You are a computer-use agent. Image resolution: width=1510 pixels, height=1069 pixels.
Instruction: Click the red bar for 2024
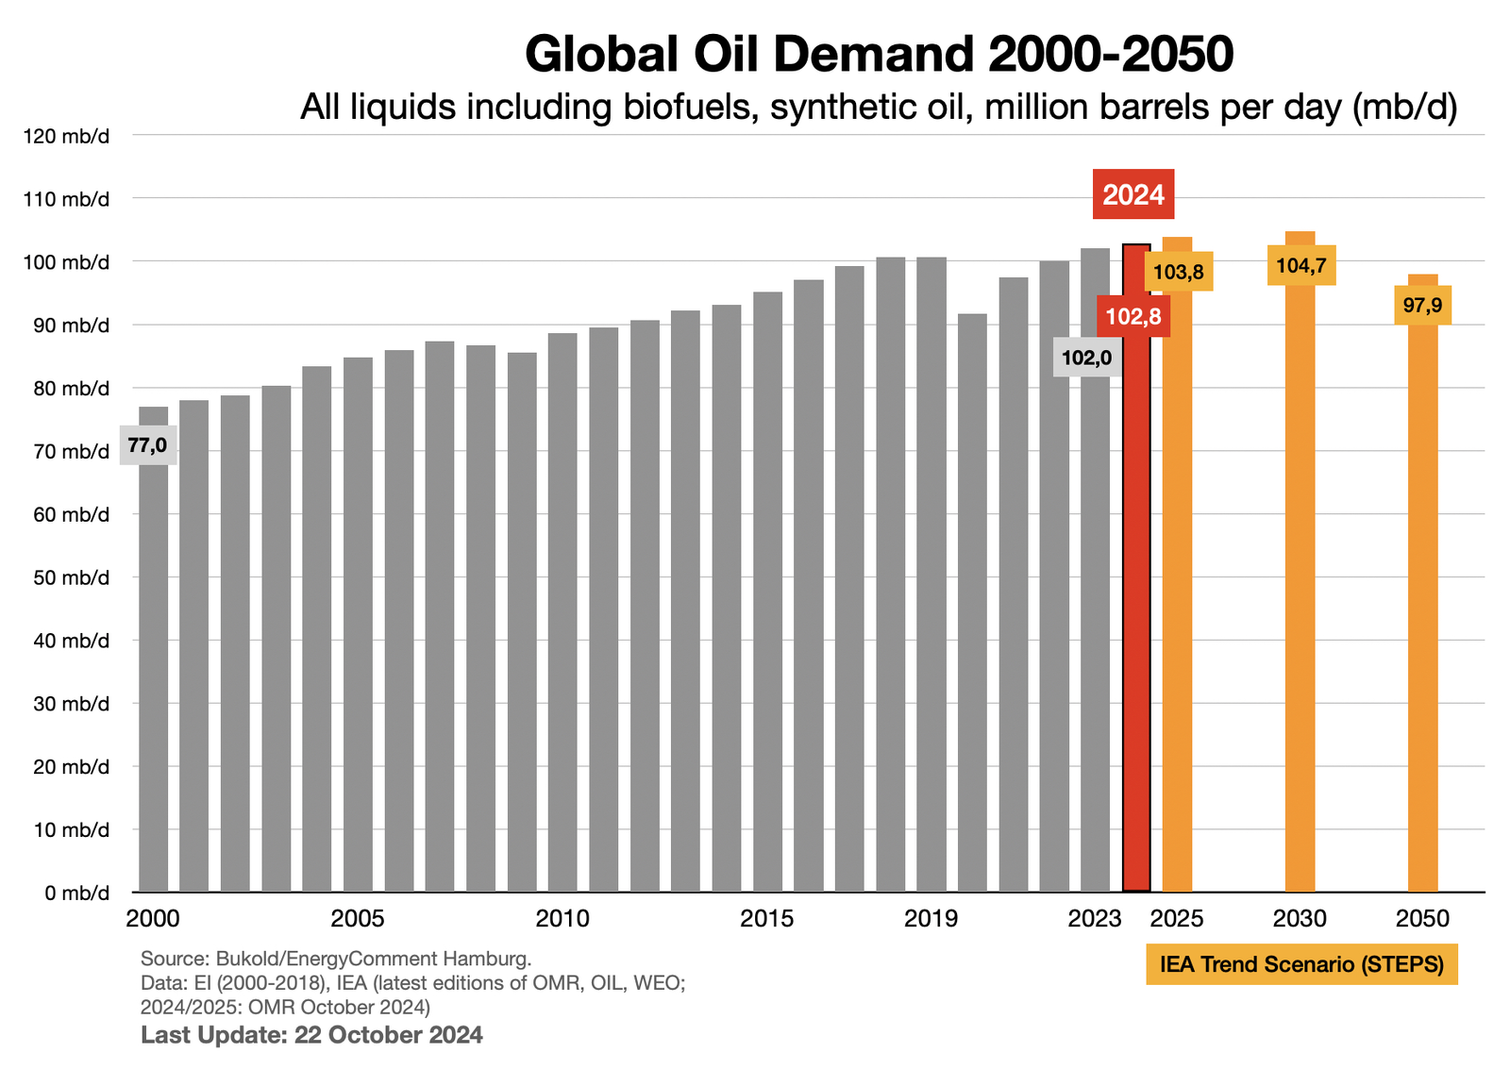[1135, 613]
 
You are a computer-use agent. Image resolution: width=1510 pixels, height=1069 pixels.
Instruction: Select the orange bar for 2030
[1300, 585]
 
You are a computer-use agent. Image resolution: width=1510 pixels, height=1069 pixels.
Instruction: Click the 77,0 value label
[147, 444]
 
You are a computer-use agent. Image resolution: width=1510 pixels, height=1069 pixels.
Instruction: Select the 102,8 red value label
[1133, 316]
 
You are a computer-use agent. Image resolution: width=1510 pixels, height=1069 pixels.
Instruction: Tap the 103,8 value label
[1179, 273]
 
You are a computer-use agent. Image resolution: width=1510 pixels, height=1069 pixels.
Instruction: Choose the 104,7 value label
[1300, 266]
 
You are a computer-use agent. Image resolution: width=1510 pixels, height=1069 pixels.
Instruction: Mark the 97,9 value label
[1422, 305]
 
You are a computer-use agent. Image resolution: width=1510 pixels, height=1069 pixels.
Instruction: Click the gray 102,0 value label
[1086, 358]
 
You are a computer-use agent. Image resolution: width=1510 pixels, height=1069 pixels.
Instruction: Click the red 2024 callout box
[1133, 194]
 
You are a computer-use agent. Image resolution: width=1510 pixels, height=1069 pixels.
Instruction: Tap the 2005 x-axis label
[357, 919]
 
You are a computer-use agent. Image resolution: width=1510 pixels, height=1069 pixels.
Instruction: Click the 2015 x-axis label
[766, 919]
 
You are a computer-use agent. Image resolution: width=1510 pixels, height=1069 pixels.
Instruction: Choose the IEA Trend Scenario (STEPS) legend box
[1301, 964]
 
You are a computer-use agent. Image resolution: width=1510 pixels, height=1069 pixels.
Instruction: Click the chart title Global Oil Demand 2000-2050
[879, 54]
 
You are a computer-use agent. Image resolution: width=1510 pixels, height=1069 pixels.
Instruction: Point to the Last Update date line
[311, 1035]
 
